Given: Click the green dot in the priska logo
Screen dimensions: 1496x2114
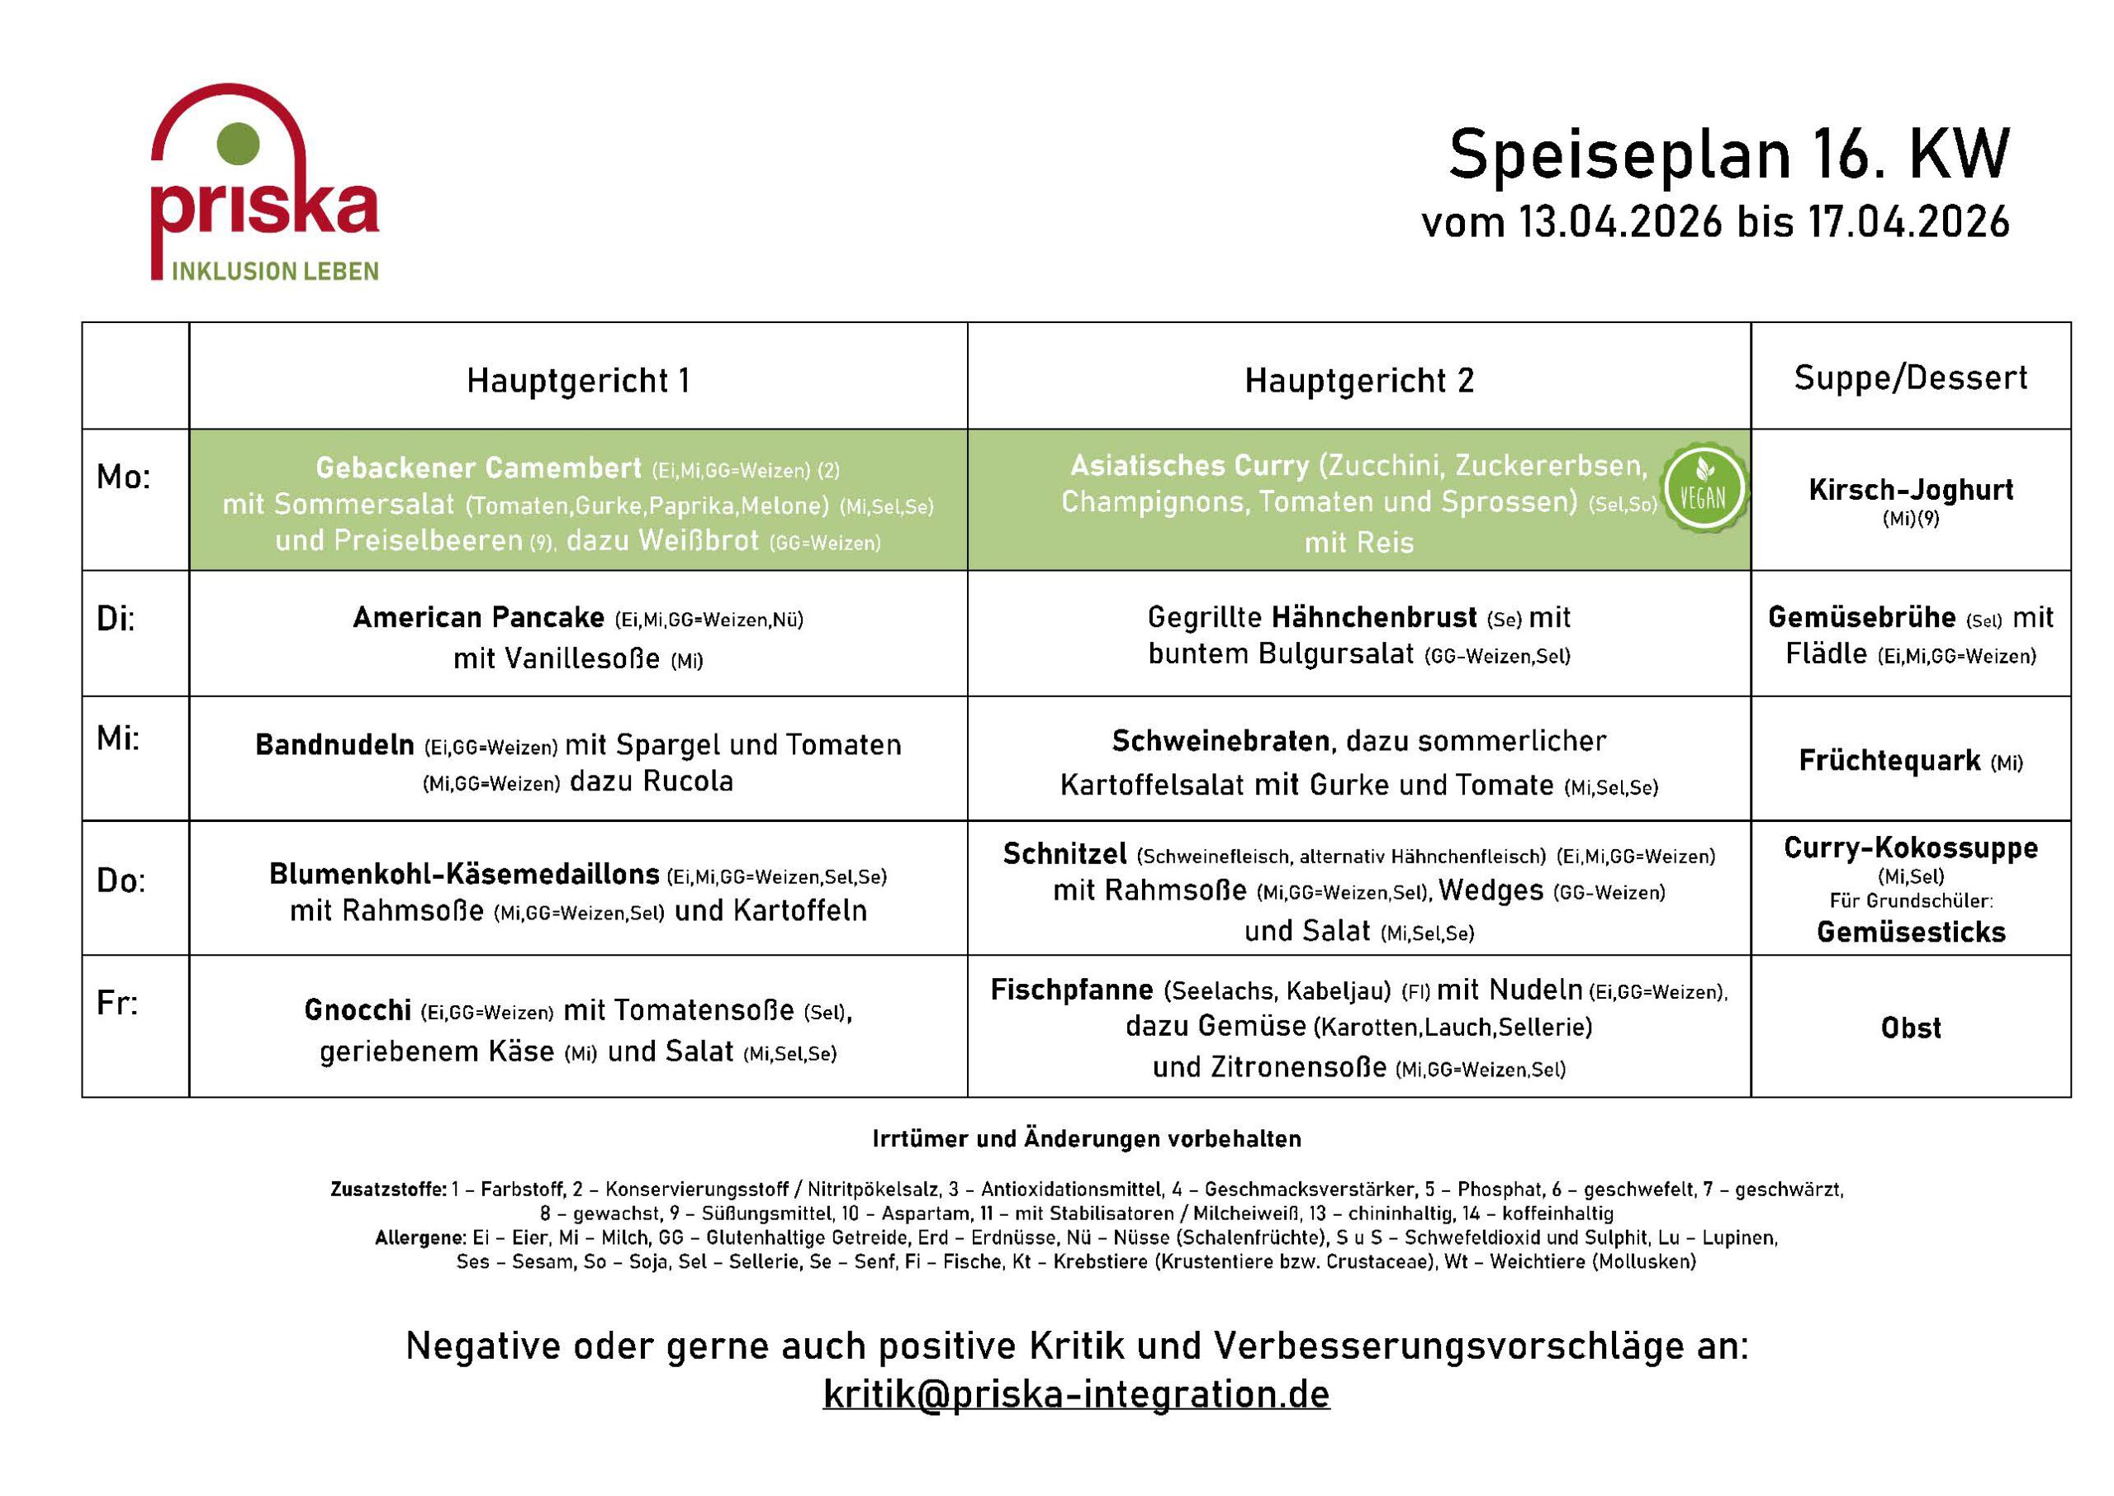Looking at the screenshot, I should click(x=238, y=144).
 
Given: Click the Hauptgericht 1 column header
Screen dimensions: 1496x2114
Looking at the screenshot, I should click(x=577, y=381).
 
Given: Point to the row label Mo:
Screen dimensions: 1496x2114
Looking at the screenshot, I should click(x=123, y=477).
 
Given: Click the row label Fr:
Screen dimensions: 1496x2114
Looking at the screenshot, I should click(x=117, y=1002).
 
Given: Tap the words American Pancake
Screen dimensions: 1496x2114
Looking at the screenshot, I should click(x=478, y=617).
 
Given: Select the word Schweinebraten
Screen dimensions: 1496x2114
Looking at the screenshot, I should click(x=1219, y=741).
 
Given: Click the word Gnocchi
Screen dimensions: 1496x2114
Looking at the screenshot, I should click(x=358, y=1010).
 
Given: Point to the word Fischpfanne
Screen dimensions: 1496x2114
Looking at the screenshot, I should click(x=1071, y=990).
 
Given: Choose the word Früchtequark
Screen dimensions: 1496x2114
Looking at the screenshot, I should click(x=1889, y=760).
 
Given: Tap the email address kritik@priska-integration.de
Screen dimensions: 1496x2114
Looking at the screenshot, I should click(x=1075, y=1393).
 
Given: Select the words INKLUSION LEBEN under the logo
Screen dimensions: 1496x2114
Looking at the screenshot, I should click(x=274, y=271).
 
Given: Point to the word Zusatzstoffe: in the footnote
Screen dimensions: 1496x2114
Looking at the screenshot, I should click(x=389, y=1190).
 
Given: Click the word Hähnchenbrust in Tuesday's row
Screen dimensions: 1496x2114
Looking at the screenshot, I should click(x=1374, y=617).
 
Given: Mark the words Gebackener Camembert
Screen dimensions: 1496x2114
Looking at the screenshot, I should click(x=478, y=468).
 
